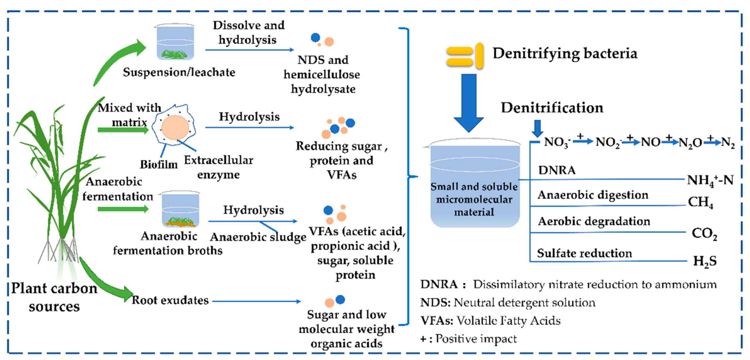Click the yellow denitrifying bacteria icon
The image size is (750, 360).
pyautogui.click(x=465, y=56)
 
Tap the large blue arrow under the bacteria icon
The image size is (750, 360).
pyautogui.click(x=469, y=102)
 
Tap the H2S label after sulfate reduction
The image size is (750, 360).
pyautogui.click(x=705, y=261)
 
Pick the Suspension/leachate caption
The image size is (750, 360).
pyautogui.click(x=179, y=72)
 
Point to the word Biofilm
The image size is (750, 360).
pyautogui.click(x=159, y=165)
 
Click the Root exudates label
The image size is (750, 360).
pyautogui.click(x=170, y=300)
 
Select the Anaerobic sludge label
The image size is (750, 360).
pyautogui.click(x=258, y=237)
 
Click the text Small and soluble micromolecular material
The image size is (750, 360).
pyautogui.click(x=474, y=199)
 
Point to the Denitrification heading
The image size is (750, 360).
pyautogui.click(x=552, y=108)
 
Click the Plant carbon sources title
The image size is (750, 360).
pyautogui.click(x=54, y=297)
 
